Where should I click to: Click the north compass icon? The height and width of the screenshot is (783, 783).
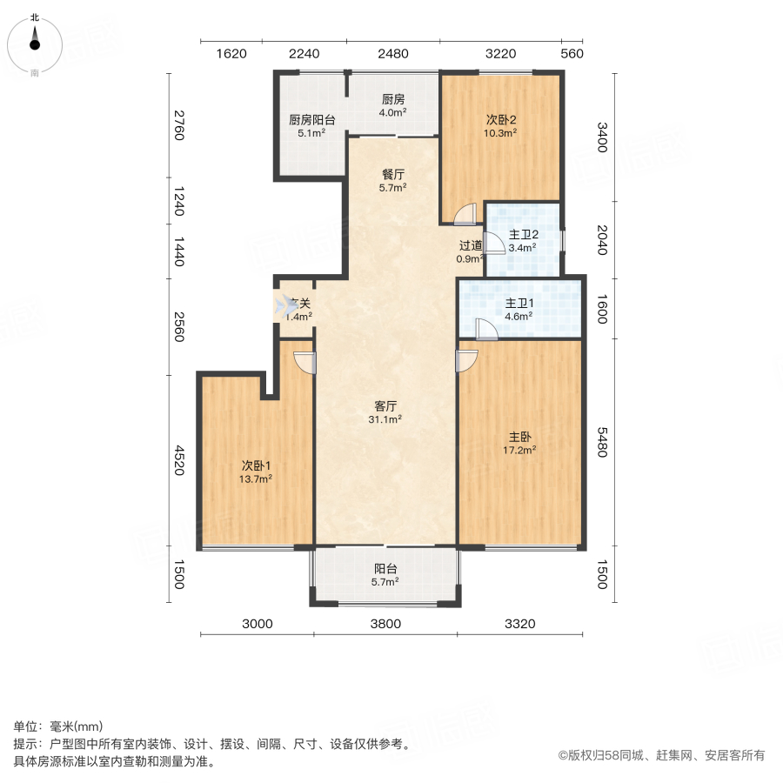click(35, 39)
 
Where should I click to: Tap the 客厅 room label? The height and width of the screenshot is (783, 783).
click(385, 406)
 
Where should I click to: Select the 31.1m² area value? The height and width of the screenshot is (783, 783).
click(385, 419)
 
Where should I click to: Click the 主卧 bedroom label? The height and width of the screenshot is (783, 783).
click(519, 437)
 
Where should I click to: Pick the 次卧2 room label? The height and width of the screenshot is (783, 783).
click(501, 120)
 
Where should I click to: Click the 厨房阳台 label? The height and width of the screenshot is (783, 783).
click(311, 120)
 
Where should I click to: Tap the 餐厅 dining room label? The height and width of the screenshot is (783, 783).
click(391, 172)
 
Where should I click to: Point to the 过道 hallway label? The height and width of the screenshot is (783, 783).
click(471, 246)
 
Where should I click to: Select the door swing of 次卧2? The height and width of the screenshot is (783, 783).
click(466, 214)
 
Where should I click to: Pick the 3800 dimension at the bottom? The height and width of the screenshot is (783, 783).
click(385, 623)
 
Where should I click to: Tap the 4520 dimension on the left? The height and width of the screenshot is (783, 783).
click(177, 460)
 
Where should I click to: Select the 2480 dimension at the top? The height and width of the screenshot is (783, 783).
click(393, 53)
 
